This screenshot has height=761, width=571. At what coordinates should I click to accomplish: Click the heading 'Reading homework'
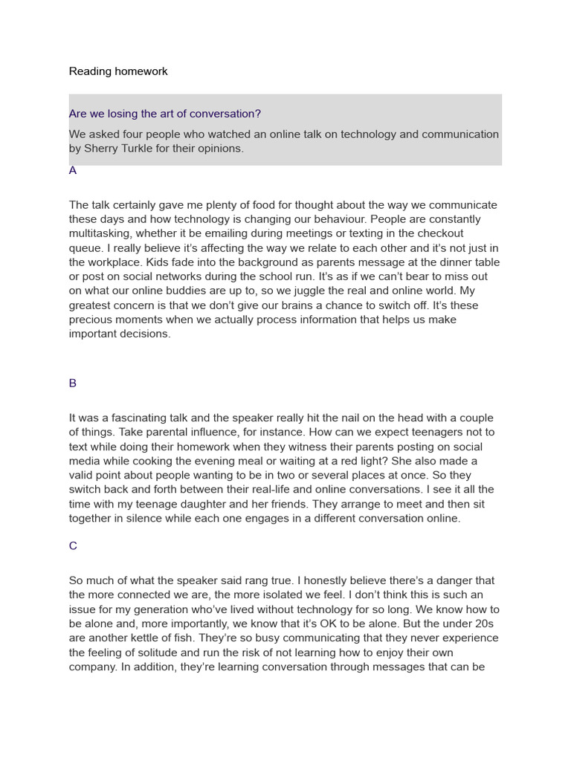pyautogui.click(x=118, y=71)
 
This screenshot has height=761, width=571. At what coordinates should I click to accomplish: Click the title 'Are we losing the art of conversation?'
pyautogui.click(x=164, y=114)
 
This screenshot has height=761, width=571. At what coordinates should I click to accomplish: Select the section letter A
pyautogui.click(x=73, y=170)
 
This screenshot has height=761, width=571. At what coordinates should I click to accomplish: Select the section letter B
pyautogui.click(x=73, y=383)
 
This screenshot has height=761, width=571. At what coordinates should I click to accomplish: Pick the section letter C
pyautogui.click(x=73, y=546)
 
